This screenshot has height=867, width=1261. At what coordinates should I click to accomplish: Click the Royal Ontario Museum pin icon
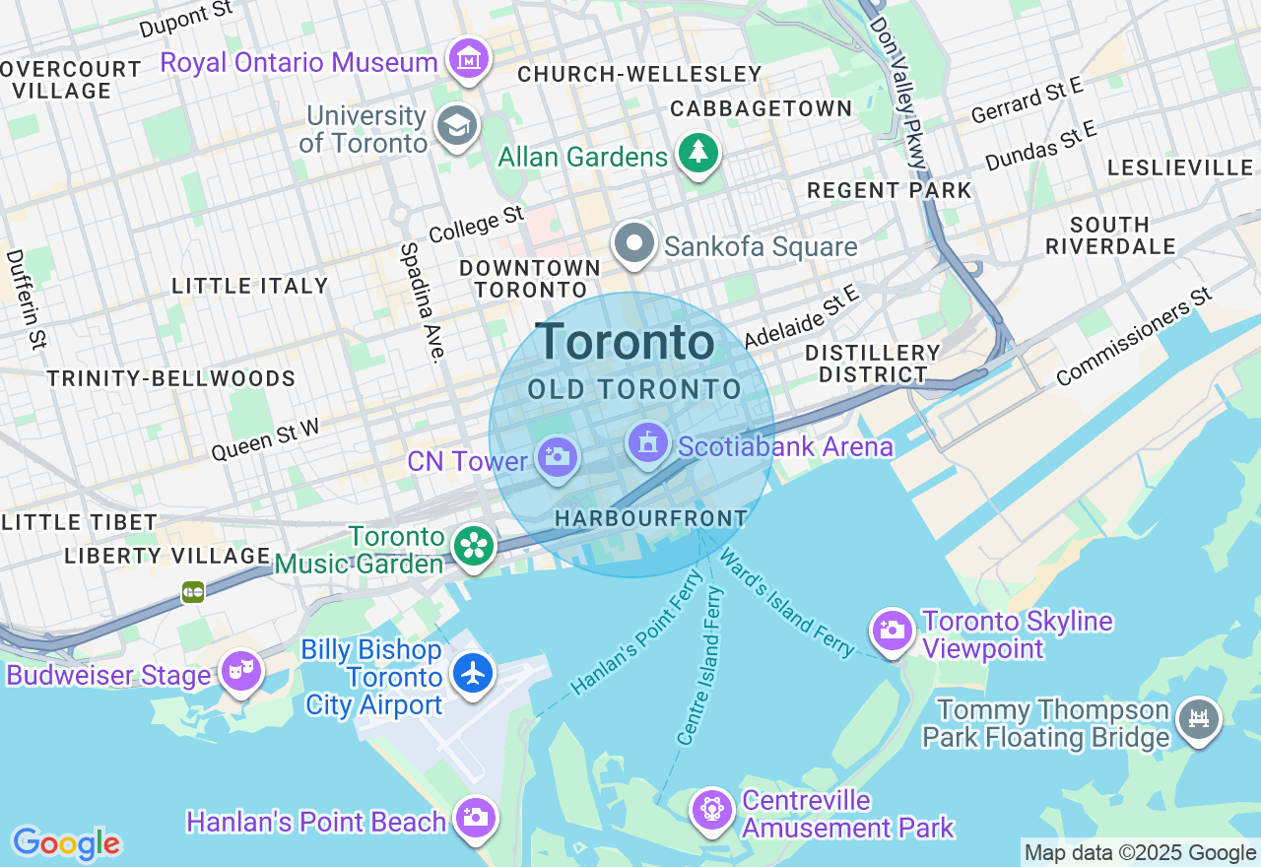[x=470, y=60]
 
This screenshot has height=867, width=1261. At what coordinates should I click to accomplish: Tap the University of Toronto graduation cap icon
[x=457, y=126]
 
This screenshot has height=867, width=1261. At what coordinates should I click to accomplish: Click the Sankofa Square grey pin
[x=634, y=242]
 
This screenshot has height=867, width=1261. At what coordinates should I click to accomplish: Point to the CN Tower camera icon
[x=557, y=457]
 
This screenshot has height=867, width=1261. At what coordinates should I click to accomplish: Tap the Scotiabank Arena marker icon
[x=647, y=443]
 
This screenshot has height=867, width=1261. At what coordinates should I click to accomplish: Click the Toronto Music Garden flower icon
[x=474, y=545]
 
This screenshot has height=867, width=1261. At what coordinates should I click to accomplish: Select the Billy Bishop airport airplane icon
[x=474, y=674]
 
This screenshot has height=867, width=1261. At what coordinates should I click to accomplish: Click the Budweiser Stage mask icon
[x=240, y=671]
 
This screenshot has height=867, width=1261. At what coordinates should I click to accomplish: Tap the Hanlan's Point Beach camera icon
[x=475, y=818]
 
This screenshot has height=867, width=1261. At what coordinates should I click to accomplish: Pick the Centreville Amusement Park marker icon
[x=710, y=810]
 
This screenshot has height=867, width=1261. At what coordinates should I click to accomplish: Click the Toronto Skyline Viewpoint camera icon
[x=893, y=631]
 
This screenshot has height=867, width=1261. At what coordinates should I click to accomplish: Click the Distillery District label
[x=873, y=364]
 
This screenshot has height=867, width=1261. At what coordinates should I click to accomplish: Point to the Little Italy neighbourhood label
[x=250, y=286]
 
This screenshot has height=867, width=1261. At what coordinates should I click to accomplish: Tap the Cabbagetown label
[x=761, y=108]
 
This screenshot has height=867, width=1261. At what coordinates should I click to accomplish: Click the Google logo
[x=66, y=843]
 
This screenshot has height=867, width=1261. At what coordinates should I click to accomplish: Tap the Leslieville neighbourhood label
[x=1179, y=168]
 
